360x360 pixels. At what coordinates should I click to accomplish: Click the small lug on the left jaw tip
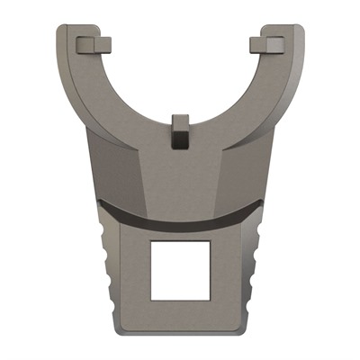coord(93,43)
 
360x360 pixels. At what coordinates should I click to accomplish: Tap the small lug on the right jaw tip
coord(267,43)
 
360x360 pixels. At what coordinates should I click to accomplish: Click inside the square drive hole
coord(180,271)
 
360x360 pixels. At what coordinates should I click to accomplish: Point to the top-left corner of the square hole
coord(150,242)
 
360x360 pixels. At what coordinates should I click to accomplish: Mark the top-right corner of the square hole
coord(210,242)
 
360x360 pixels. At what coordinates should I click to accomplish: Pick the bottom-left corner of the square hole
coord(150,301)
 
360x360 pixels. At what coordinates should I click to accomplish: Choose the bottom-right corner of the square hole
coord(210,301)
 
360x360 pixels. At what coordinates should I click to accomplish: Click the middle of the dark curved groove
coord(180,220)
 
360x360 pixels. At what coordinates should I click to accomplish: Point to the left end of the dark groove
coord(99,206)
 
